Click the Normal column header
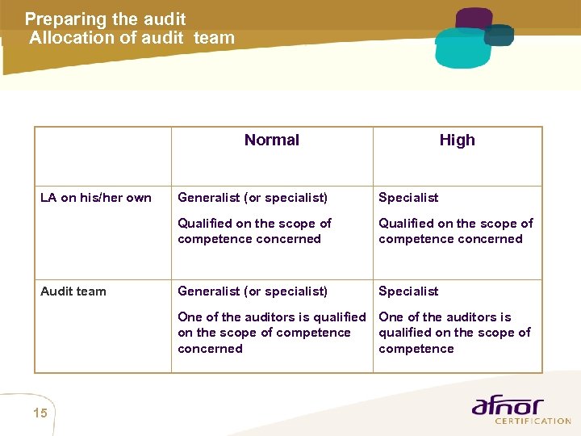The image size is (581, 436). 271,140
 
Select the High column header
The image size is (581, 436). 457,140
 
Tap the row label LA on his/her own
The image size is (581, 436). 96,198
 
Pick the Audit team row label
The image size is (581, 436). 73,291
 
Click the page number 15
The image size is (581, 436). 40,414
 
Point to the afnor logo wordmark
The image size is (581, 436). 508,406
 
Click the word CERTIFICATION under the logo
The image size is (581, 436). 532,421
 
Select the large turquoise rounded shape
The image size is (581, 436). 462,49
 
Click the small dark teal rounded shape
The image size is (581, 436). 499,35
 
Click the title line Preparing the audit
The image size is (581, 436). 105,19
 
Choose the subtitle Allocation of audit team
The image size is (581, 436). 132,37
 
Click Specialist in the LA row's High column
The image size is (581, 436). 408,198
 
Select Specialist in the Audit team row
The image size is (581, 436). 408,291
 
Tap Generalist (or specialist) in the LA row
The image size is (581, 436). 253,198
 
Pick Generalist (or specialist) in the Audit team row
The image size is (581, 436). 253,291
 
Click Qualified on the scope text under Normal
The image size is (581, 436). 254,231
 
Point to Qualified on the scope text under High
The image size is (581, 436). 455,231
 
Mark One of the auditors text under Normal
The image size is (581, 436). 271,333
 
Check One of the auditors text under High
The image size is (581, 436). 454,333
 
